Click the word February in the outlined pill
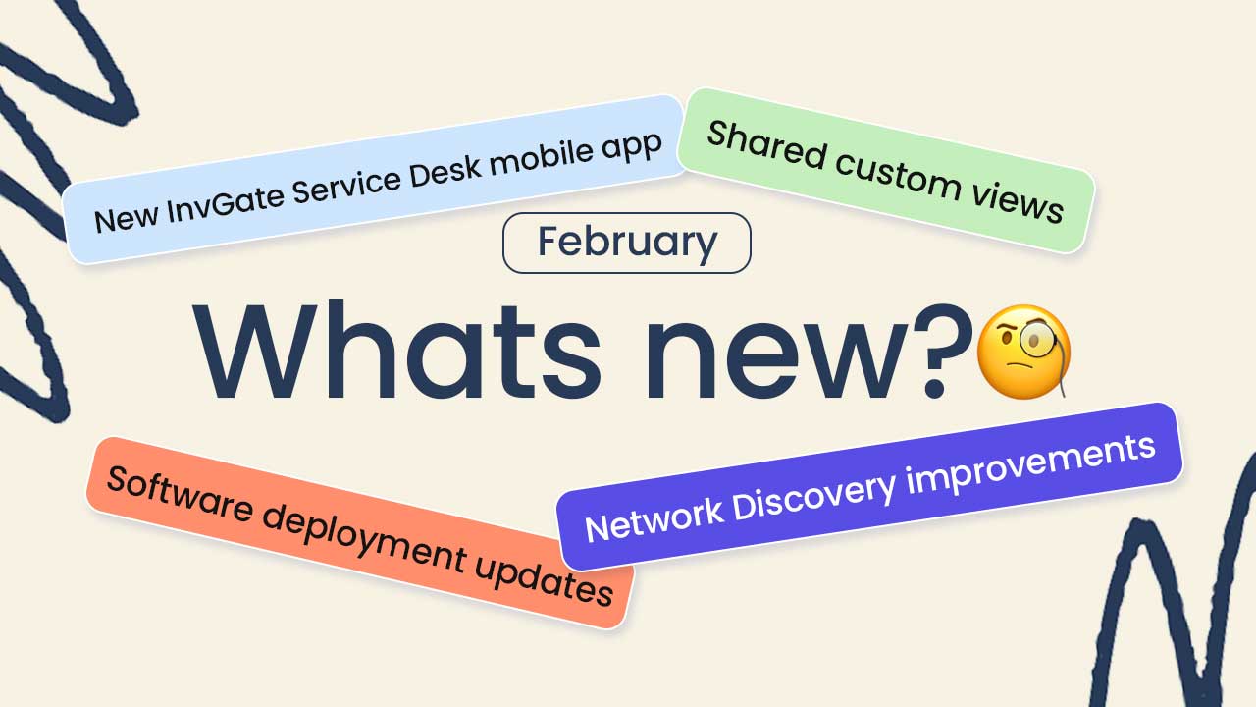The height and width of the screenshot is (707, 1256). click(x=627, y=243)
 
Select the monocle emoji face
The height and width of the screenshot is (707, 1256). click(x=1023, y=352)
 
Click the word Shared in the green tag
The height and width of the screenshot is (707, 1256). click(x=766, y=144)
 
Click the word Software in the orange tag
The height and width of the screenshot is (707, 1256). click(x=180, y=494)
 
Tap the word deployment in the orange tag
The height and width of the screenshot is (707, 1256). click(x=364, y=539)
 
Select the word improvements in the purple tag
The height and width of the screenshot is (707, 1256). click(x=1030, y=461)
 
